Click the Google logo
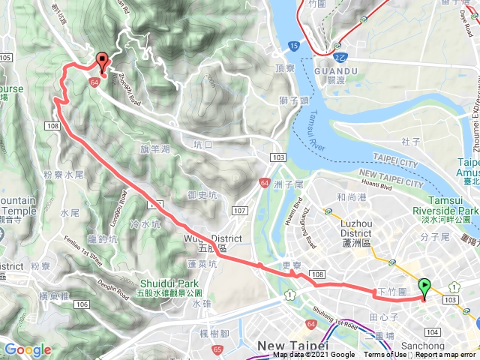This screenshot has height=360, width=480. (x=28, y=350)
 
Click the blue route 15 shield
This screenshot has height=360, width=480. (x=291, y=46)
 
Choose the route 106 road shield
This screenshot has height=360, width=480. (x=82, y=304)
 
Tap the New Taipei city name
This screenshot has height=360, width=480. (x=292, y=345)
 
